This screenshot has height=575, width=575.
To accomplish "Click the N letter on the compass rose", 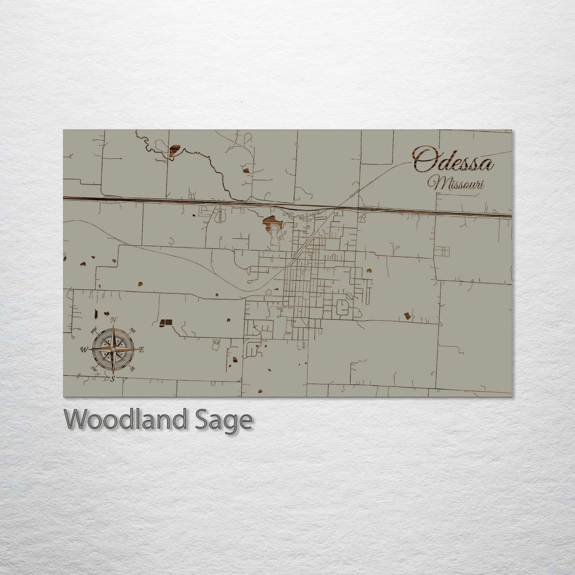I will tap(113, 320).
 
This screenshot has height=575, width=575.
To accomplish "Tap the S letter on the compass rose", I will tap(113, 379).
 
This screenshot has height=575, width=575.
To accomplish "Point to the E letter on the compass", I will tap(141, 349).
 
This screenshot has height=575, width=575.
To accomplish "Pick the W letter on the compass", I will tap(84, 350).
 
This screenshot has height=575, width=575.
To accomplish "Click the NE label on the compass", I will tap(133, 330).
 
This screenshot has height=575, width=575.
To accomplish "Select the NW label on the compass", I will tap(94, 329).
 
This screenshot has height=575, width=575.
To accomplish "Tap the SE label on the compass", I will tap(133, 368).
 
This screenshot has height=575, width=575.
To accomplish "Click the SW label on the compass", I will tap(94, 368).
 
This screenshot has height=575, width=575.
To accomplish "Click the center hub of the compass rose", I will tap(113, 349).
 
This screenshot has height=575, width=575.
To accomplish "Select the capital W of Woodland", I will tap(78, 419).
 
